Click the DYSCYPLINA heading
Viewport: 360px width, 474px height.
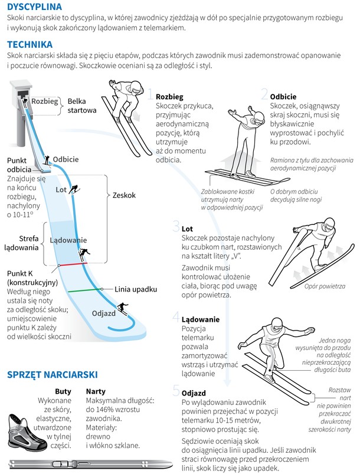34,6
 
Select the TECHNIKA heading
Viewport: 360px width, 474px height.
30,44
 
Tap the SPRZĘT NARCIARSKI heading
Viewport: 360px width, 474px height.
53,375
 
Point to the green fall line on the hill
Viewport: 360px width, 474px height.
85,290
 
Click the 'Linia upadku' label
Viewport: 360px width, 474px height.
136,289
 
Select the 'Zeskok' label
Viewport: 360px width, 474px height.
125,195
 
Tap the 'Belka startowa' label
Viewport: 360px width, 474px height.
82,106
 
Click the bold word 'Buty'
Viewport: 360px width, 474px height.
63,391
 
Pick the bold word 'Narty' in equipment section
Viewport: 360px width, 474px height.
96,391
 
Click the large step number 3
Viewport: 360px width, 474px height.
176,226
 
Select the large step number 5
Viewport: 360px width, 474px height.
176,390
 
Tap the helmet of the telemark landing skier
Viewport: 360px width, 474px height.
277,325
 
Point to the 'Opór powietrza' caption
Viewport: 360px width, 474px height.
325,286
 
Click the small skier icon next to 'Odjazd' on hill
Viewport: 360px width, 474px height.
123,308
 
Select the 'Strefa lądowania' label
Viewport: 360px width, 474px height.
21,243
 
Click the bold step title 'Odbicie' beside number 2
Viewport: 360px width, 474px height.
283,97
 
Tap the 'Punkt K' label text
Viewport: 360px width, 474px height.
19,273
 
